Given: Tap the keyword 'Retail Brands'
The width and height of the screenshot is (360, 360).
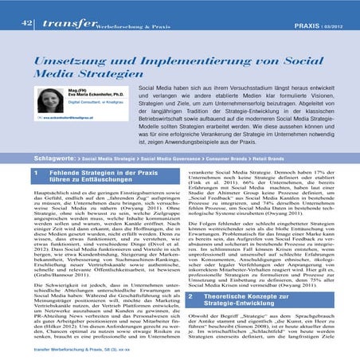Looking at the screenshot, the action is point(275,159).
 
